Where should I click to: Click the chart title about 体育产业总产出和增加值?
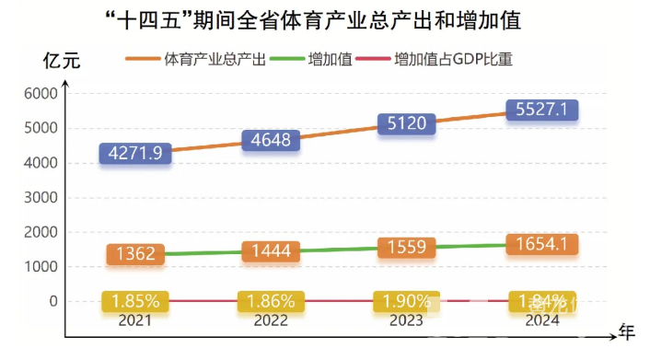click(x=325, y=19)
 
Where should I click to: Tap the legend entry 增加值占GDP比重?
click(x=452, y=61)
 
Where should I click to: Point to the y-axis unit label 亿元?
click(x=62, y=62)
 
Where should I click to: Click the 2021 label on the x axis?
click(x=136, y=319)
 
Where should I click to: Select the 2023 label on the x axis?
click(x=405, y=319)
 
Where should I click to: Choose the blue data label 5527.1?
click(x=540, y=110)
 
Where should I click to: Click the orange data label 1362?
click(x=136, y=254)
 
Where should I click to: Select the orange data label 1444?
click(x=271, y=251)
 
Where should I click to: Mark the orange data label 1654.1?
click(x=540, y=244)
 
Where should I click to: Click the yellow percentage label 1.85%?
click(x=136, y=301)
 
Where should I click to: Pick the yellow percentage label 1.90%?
click(x=405, y=301)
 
